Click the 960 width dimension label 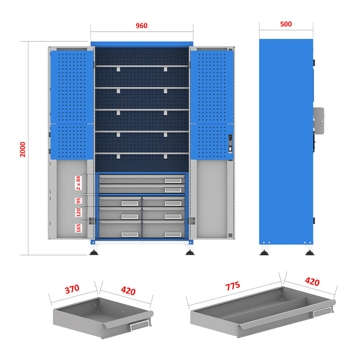(141, 25)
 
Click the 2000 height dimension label (23, 149)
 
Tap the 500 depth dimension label (286, 24)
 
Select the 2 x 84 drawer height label (79, 183)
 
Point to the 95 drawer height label (79, 201)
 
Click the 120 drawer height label (79, 213)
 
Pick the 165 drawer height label (79, 228)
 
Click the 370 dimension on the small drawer (72, 289)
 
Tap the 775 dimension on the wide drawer (233, 286)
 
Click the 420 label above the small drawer (128, 291)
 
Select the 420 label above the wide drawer (312, 281)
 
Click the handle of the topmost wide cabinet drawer (173, 181)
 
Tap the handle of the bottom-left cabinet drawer (130, 235)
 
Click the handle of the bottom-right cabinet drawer (173, 235)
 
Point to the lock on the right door (230, 143)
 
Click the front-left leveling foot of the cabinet (94, 253)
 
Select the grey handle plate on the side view (319, 121)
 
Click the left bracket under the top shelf (118, 69)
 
